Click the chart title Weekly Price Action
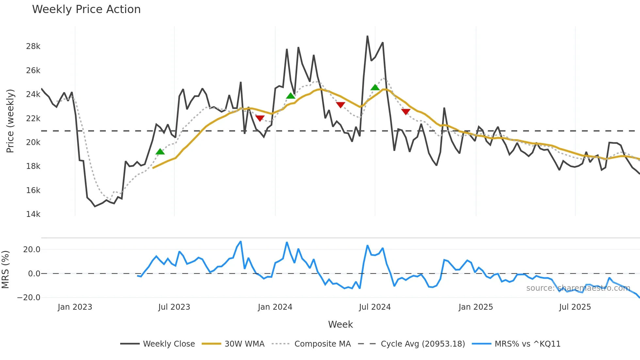(x=86, y=9)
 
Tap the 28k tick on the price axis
(x=33, y=46)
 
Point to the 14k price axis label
(x=33, y=214)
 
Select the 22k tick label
(x=33, y=119)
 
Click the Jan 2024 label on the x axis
(x=275, y=307)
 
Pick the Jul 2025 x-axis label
(x=575, y=307)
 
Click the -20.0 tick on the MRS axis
(x=29, y=298)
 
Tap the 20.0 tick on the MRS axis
(x=31, y=250)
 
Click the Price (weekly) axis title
(x=10, y=121)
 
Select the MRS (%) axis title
(x=6, y=270)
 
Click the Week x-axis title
(x=340, y=324)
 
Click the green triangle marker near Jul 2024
(x=375, y=88)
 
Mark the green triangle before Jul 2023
(x=160, y=152)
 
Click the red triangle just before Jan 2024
(x=260, y=118)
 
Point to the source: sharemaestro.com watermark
(x=578, y=288)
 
